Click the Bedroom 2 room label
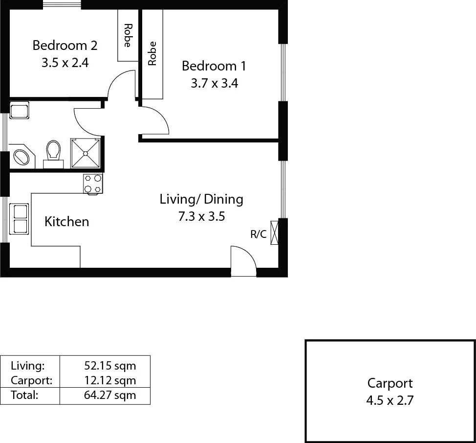click(x=65, y=46)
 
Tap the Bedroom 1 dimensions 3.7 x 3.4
click(x=214, y=83)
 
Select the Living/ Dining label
click(x=201, y=199)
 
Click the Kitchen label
click(x=66, y=222)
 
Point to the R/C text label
click(x=259, y=234)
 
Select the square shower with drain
click(x=86, y=153)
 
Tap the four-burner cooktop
click(x=93, y=184)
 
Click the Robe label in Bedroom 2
click(x=128, y=35)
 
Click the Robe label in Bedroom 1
click(x=152, y=53)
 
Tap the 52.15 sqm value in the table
click(x=110, y=365)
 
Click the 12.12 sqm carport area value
click(x=110, y=380)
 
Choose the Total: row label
click(x=24, y=396)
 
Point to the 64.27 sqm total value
click(x=110, y=396)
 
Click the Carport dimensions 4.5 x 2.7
click(x=390, y=401)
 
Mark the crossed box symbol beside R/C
click(x=274, y=233)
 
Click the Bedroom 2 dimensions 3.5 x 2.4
click(x=65, y=63)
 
